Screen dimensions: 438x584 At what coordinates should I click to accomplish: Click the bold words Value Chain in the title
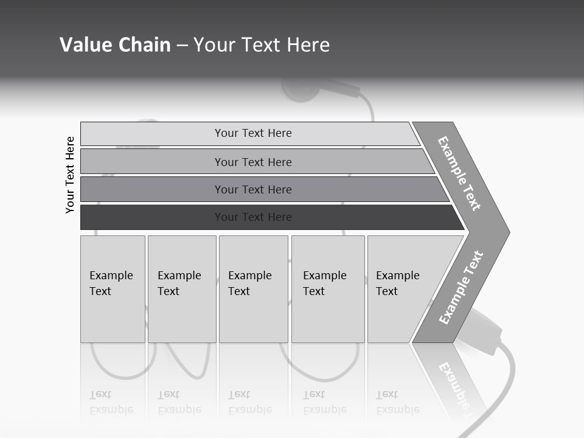pos(115,45)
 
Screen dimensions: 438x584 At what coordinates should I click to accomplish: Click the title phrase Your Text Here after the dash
pos(262,45)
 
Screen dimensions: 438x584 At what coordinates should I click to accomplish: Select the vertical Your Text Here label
pos(70,175)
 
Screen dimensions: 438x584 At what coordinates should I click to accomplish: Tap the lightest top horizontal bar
pos(252,133)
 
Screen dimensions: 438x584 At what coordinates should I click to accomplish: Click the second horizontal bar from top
pos(252,162)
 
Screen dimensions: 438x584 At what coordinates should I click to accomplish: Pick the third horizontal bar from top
pos(252,189)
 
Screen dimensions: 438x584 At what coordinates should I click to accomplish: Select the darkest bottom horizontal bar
pos(252,217)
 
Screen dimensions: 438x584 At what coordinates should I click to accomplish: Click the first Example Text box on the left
pos(113,289)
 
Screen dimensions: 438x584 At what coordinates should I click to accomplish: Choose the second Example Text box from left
pos(182,289)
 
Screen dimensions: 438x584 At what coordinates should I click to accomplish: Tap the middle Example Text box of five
pos(253,289)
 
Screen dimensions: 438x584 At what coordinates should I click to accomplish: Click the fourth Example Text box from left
pos(328,289)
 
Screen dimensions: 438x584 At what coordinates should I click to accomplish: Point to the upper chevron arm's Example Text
pos(460,173)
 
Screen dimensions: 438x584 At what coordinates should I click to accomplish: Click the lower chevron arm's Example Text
pos(461,288)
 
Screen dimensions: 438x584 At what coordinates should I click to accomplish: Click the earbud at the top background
pos(298,89)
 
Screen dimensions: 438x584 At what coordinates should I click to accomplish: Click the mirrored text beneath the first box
pos(111,403)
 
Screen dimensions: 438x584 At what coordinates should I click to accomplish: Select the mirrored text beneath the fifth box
pos(398,403)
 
